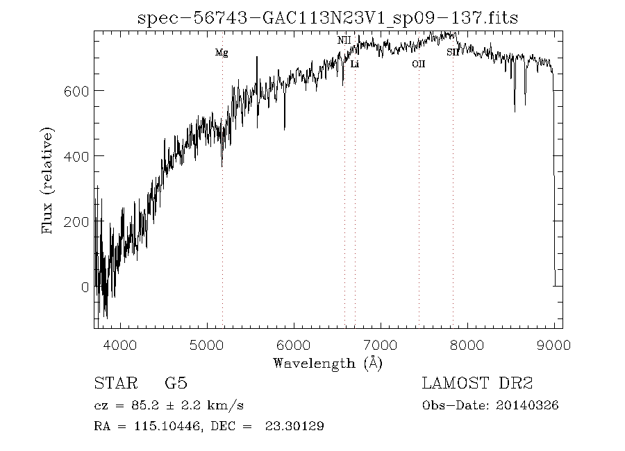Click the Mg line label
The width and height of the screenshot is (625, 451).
click(222, 53)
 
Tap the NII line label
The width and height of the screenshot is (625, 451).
click(344, 41)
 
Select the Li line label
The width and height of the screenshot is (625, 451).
click(355, 65)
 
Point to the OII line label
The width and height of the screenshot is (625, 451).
click(418, 65)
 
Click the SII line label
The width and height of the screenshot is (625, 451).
click(452, 53)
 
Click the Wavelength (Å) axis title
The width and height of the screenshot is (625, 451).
click(328, 363)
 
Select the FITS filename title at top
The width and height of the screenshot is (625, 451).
click(328, 17)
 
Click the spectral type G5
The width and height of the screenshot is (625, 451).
click(176, 384)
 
